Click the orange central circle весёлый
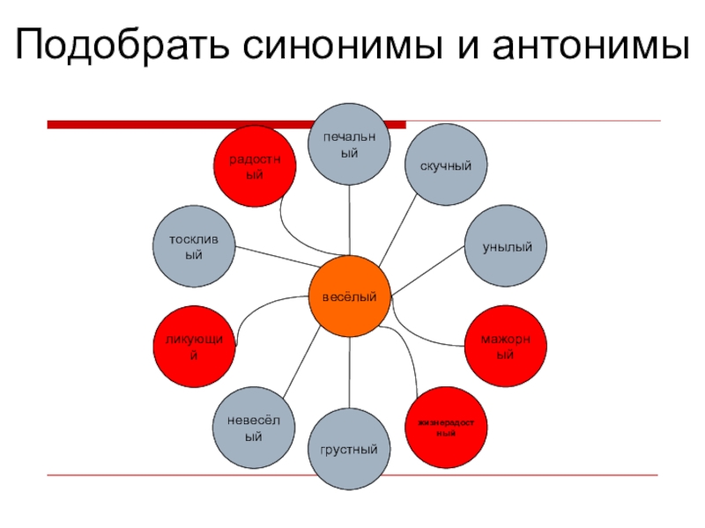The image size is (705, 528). (x=350, y=297)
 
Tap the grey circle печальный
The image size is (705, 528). (x=350, y=143)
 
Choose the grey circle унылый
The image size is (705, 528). (x=507, y=247)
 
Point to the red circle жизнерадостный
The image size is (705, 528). (x=446, y=429)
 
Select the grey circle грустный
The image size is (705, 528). (x=350, y=449)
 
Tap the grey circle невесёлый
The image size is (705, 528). (x=254, y=428)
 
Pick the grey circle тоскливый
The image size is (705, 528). (x=195, y=247)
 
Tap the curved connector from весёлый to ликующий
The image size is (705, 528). (x=264, y=304)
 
